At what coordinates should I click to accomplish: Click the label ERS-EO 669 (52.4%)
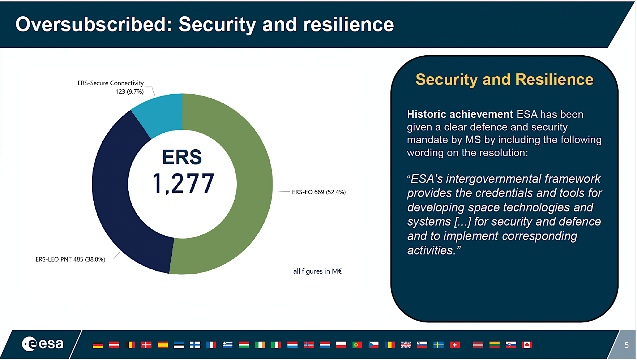click(318, 192)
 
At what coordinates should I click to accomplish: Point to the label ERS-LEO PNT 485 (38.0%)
click(70, 259)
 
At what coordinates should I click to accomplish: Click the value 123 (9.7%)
click(129, 91)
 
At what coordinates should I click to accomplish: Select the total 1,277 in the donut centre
click(183, 184)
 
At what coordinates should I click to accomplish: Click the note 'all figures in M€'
click(317, 271)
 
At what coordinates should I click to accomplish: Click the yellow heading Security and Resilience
click(504, 80)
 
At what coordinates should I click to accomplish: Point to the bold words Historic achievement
click(459, 114)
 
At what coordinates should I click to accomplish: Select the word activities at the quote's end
click(430, 250)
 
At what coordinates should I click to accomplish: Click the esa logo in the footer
click(43, 344)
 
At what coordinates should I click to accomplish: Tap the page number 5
click(627, 345)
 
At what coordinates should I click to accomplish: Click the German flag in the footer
click(98, 345)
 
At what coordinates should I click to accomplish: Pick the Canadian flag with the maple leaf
click(526, 345)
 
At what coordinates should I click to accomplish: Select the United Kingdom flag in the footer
click(406, 345)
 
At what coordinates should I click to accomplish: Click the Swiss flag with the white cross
click(454, 345)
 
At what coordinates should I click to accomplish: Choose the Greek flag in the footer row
click(227, 345)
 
